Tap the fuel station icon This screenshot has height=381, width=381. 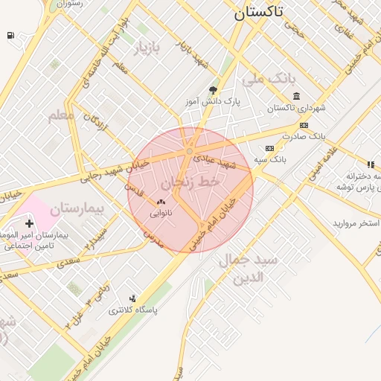10,35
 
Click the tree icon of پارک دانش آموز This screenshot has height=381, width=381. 213,89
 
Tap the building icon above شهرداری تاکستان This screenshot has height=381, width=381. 297,96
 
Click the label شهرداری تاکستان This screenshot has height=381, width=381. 297,109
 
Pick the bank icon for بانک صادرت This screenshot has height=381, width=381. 304,125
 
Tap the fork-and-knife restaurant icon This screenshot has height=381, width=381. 370,164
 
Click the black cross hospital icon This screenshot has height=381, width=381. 29,223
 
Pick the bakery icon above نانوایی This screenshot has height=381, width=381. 161,202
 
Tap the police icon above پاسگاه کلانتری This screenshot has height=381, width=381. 132,298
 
